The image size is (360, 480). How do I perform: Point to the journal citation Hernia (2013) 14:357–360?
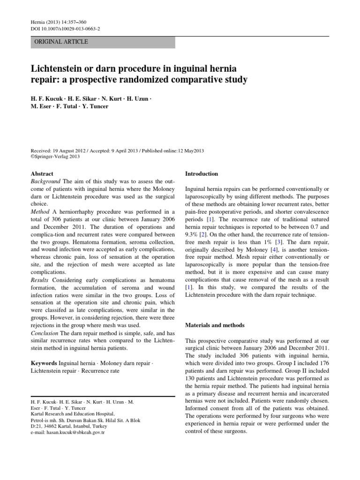pyautogui.click(x=60, y=22)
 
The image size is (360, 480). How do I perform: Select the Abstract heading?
pyautogui.click(x=42, y=173)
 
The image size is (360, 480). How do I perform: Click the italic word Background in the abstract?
pyautogui.click(x=45, y=181)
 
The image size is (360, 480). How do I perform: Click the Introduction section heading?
pyautogui.click(x=202, y=173)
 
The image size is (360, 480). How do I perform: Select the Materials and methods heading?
pyautogui.click(x=215, y=325)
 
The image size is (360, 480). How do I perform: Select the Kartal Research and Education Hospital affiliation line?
pyautogui.click(x=73, y=413)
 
